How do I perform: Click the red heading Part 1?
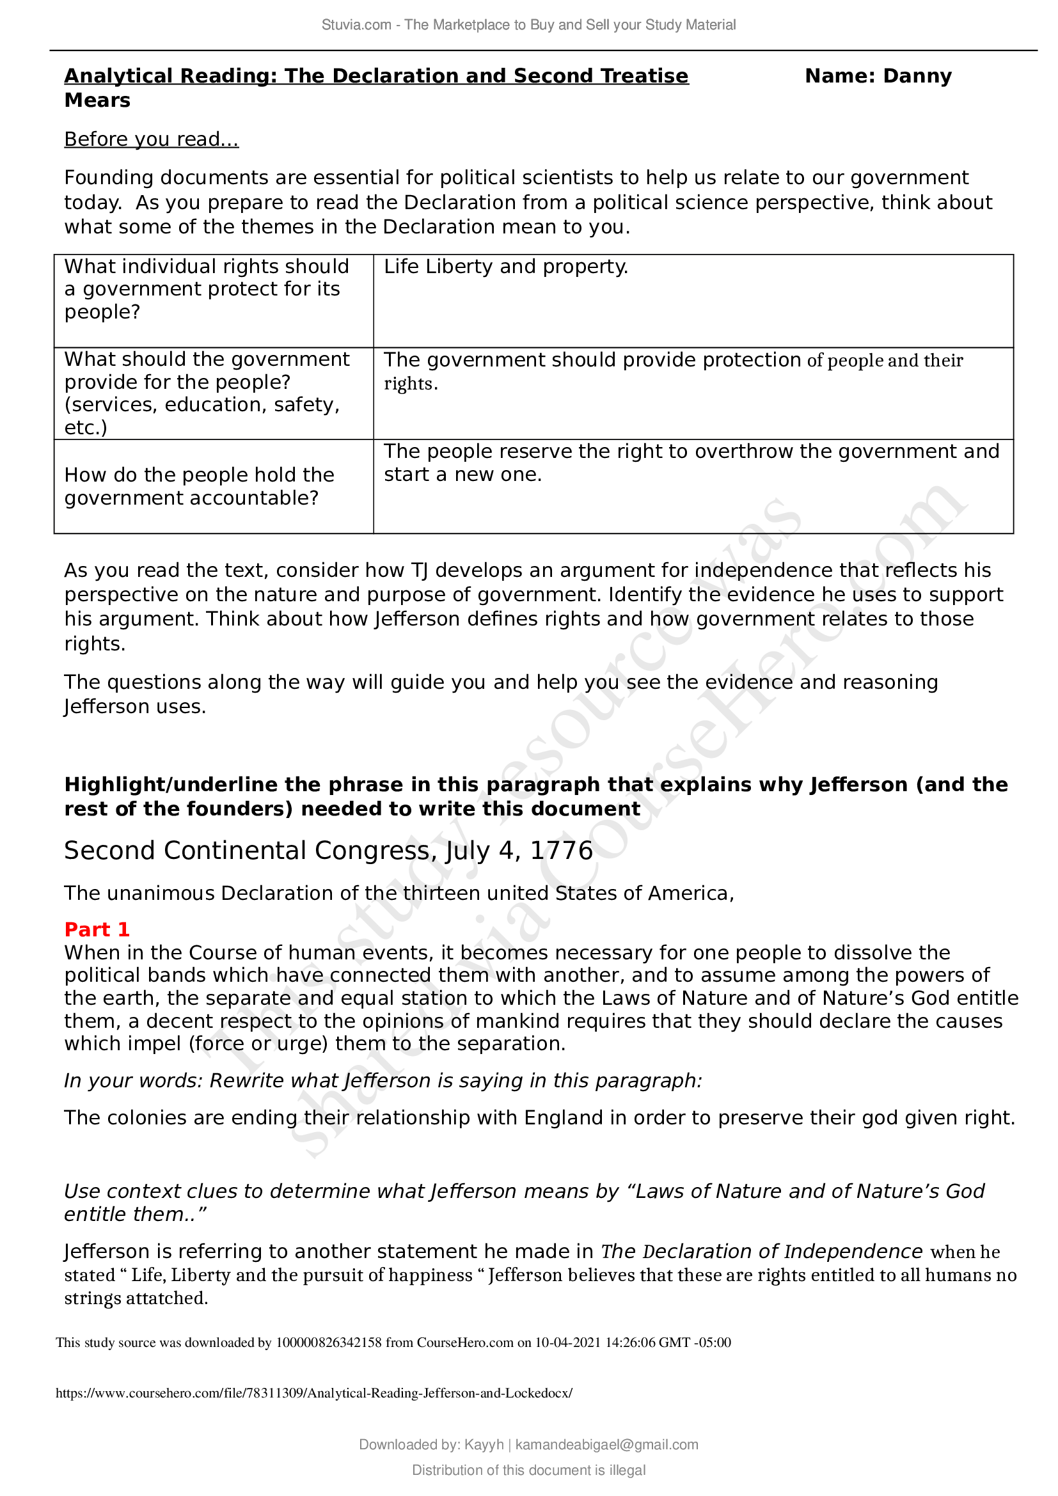coord(97,929)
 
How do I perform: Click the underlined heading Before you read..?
coord(151,139)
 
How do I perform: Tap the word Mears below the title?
coord(97,101)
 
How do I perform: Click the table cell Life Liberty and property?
coord(505,267)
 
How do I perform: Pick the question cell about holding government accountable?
coord(200,486)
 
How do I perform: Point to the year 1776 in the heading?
coord(561,851)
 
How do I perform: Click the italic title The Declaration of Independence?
coord(761,1252)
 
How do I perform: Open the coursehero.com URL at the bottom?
coord(314,1393)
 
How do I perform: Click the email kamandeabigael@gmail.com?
coord(606,1445)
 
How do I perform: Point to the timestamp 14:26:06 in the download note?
coord(630,1343)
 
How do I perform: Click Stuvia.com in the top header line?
coord(356,25)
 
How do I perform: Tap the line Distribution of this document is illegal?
coord(528,1470)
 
